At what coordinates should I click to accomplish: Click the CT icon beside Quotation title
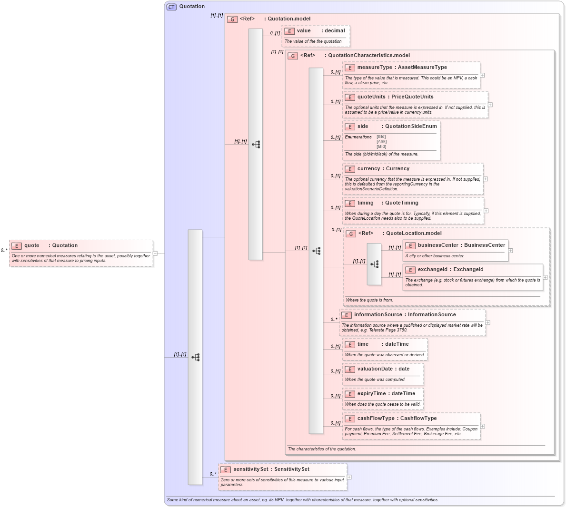[x=171, y=7]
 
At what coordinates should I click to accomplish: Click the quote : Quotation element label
[x=51, y=245]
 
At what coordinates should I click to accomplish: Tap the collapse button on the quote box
[x=155, y=253]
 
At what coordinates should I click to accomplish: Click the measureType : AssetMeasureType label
[x=402, y=68]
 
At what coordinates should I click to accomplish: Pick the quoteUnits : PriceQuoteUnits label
[x=395, y=97]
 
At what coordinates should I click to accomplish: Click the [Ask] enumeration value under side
[x=381, y=141]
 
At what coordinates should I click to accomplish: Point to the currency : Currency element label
[x=383, y=169]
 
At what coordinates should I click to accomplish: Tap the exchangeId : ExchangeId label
[x=450, y=270]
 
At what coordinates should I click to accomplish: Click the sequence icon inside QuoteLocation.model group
[x=374, y=264]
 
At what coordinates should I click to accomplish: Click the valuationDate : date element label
[x=383, y=369]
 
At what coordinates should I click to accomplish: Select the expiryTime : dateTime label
[x=386, y=394]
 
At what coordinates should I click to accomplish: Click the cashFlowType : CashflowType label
[x=397, y=419]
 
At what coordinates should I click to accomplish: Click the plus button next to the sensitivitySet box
[x=349, y=477]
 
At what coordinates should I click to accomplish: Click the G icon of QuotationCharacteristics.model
[x=293, y=56]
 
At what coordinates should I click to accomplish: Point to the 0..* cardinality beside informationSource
[x=334, y=320]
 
